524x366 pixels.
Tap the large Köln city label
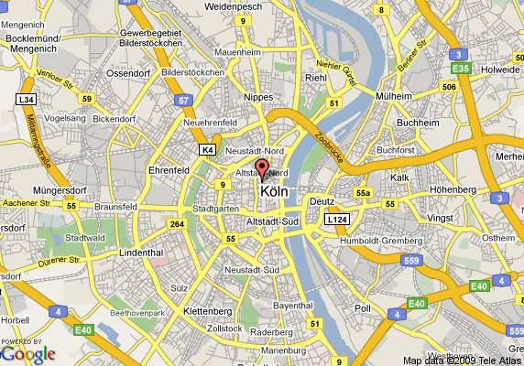pyautogui.click(x=279, y=192)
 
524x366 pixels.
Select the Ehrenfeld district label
pyautogui.click(x=169, y=169)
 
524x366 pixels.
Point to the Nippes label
pyautogui.click(x=259, y=96)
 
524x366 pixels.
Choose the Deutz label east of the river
pyautogui.click(x=322, y=201)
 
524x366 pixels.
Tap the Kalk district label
pyautogui.click(x=399, y=177)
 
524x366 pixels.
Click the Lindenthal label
pyautogui.click(x=141, y=252)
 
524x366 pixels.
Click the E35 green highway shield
pyautogui.click(x=462, y=68)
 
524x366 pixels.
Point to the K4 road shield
pyautogui.click(x=208, y=148)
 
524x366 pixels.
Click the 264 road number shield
pyautogui.click(x=177, y=223)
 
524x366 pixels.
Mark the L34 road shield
pyautogui.click(x=25, y=99)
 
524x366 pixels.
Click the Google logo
pyautogui.click(x=28, y=353)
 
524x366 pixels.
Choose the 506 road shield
pyautogui.click(x=449, y=87)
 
